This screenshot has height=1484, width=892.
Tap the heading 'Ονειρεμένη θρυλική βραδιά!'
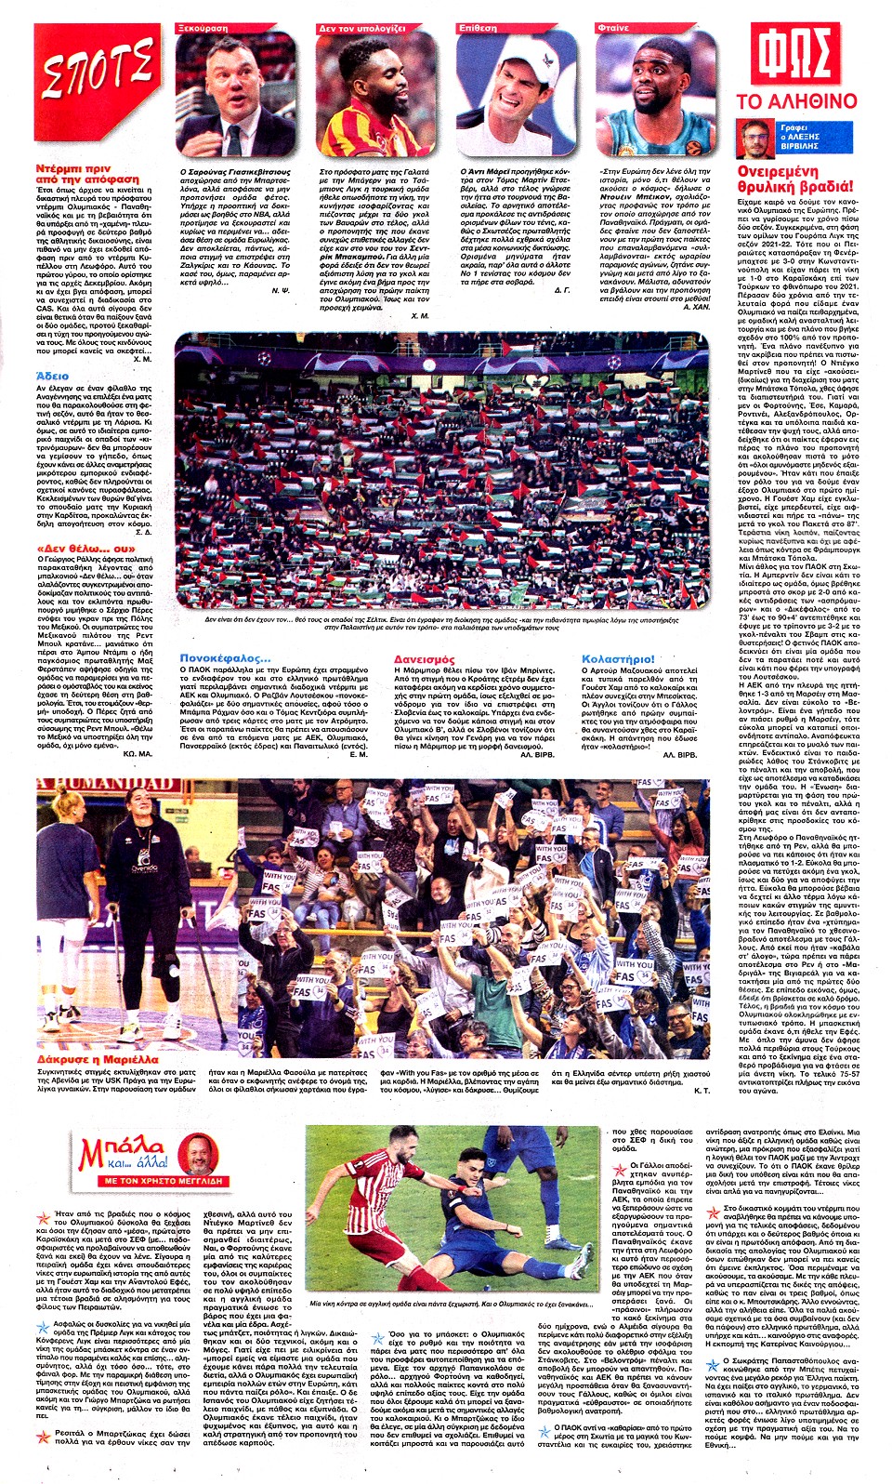coord(794,179)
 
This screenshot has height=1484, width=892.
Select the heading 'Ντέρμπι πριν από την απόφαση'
coord(87,174)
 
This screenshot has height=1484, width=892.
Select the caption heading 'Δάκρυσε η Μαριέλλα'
coord(98,1059)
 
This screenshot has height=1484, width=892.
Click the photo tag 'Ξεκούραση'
coord(202,29)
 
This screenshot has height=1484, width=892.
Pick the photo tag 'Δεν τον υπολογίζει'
coord(361,29)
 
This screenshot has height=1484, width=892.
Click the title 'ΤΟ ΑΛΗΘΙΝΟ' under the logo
coord(796,100)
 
